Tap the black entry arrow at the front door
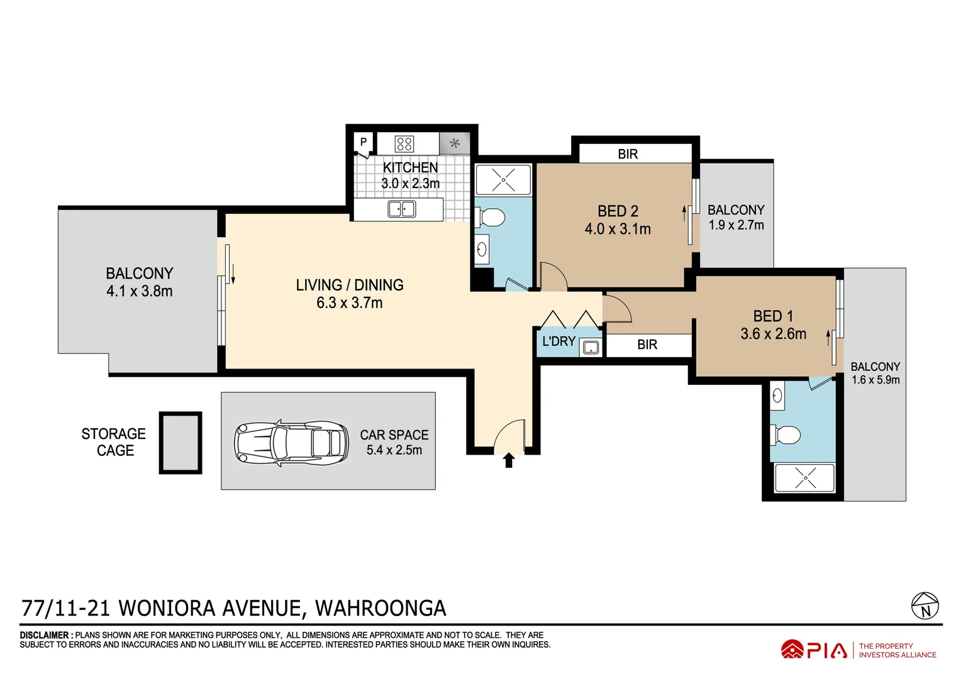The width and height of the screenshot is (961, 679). point(509,460)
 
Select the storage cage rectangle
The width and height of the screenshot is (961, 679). point(181,443)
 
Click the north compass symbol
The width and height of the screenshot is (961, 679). point(925,605)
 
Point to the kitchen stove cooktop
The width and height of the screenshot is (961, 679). point(404,144)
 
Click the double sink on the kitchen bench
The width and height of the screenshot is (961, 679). point(401,209)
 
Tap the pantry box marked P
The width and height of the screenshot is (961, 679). point(364,143)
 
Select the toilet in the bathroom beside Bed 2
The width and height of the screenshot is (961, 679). point(490,218)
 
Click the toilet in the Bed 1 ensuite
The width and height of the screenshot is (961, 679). point(786,434)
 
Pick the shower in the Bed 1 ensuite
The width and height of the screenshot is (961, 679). point(804,478)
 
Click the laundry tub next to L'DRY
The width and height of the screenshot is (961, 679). point(590,347)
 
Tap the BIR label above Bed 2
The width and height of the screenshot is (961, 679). point(628,154)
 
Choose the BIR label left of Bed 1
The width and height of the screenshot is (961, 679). point(647,345)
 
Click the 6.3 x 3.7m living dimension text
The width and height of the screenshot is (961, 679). point(349,303)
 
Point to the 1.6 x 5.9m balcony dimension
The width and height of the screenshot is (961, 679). point(875,380)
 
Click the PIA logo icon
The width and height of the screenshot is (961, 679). point(792,650)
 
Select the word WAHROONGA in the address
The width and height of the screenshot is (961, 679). point(381,609)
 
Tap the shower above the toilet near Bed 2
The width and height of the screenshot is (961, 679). point(503,180)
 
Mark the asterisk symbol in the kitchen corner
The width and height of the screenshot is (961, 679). point(455,144)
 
